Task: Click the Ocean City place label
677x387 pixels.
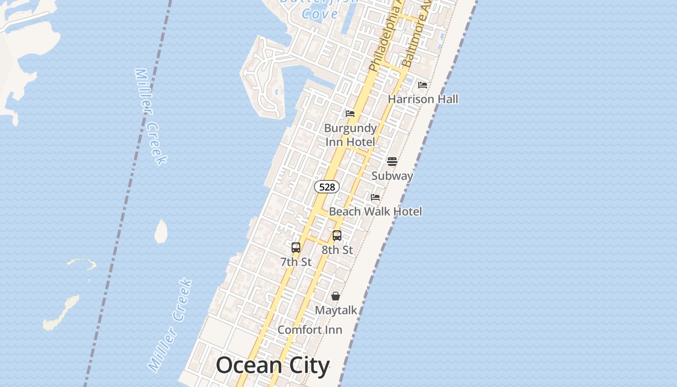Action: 273,366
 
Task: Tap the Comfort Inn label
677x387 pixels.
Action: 309,330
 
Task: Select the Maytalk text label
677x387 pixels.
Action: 336,310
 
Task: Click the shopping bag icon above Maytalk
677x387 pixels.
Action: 336,296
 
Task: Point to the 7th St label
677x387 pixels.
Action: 296,262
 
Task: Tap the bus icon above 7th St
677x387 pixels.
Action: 296,248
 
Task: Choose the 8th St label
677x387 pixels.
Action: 337,250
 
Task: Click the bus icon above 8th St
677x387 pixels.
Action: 337,236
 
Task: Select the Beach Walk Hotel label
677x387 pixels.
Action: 375,211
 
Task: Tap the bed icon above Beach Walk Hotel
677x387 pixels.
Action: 375,197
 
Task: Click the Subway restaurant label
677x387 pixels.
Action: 392,176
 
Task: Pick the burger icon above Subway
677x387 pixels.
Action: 392,161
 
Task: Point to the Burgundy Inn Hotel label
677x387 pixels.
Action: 350,135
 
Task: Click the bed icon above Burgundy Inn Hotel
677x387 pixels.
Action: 350,114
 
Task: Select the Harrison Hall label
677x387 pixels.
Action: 423,99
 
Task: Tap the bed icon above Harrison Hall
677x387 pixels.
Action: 423,85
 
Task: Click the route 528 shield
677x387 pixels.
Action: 327,187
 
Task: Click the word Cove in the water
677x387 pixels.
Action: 320,14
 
